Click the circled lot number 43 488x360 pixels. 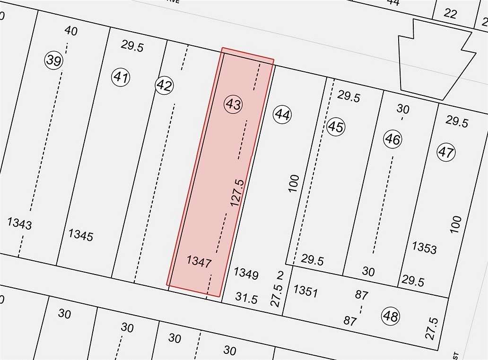click(233, 104)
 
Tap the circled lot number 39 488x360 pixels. click(54, 60)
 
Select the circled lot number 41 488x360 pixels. click(121, 77)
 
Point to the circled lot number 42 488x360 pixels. click(164, 86)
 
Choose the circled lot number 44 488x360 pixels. click(282, 114)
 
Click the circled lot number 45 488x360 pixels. click(336, 127)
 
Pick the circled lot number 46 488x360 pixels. click(392, 139)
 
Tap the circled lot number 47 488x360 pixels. click(445, 153)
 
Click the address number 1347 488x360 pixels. click(199, 261)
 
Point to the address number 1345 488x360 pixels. click(81, 235)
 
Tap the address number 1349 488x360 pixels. click(246, 274)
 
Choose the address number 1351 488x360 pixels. click(305, 291)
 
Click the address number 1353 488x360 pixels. click(424, 248)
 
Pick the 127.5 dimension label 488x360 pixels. click(237, 192)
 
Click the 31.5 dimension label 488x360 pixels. click(246, 298)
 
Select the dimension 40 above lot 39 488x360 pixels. click(71, 31)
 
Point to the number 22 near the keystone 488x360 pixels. click(450, 14)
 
